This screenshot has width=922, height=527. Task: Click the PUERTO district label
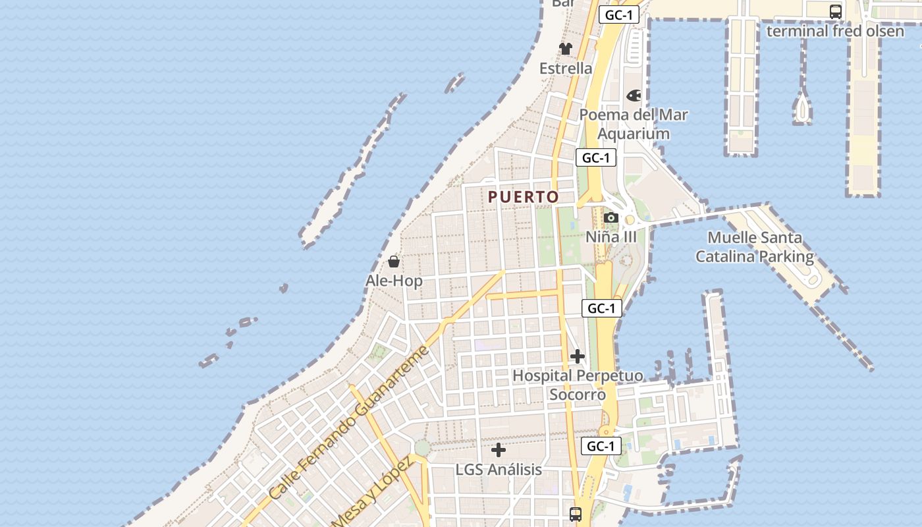524,197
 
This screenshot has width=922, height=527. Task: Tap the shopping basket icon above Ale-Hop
394,262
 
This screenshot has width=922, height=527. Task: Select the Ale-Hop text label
394,281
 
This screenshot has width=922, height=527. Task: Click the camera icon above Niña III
610,217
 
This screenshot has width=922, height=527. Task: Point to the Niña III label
611,236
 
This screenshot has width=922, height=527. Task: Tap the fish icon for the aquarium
634,96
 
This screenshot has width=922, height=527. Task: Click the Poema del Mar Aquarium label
634,124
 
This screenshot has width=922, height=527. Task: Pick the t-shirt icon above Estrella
566,49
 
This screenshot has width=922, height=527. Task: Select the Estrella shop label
566,69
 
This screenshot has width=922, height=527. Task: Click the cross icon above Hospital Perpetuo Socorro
578,356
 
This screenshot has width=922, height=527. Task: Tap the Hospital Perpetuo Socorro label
578,385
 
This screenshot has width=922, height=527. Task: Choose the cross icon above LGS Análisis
499,451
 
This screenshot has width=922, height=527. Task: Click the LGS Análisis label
499,470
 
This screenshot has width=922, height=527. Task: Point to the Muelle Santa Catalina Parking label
755,247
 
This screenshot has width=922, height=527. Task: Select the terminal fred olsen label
835,30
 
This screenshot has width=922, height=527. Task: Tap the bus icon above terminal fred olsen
835,11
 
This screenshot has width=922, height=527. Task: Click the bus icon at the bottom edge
576,514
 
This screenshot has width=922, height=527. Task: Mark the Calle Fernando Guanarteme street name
349,422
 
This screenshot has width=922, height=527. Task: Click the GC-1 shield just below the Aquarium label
596,158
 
